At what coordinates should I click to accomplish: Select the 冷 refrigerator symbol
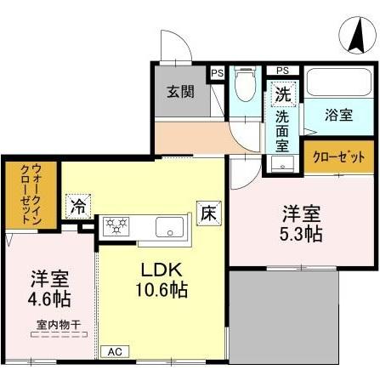(x=78, y=206)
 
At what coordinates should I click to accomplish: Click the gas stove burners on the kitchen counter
(x=116, y=226)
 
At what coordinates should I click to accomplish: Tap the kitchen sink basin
(x=170, y=228)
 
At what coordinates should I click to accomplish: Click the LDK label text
(x=157, y=270)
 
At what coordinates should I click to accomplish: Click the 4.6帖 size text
(x=49, y=299)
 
